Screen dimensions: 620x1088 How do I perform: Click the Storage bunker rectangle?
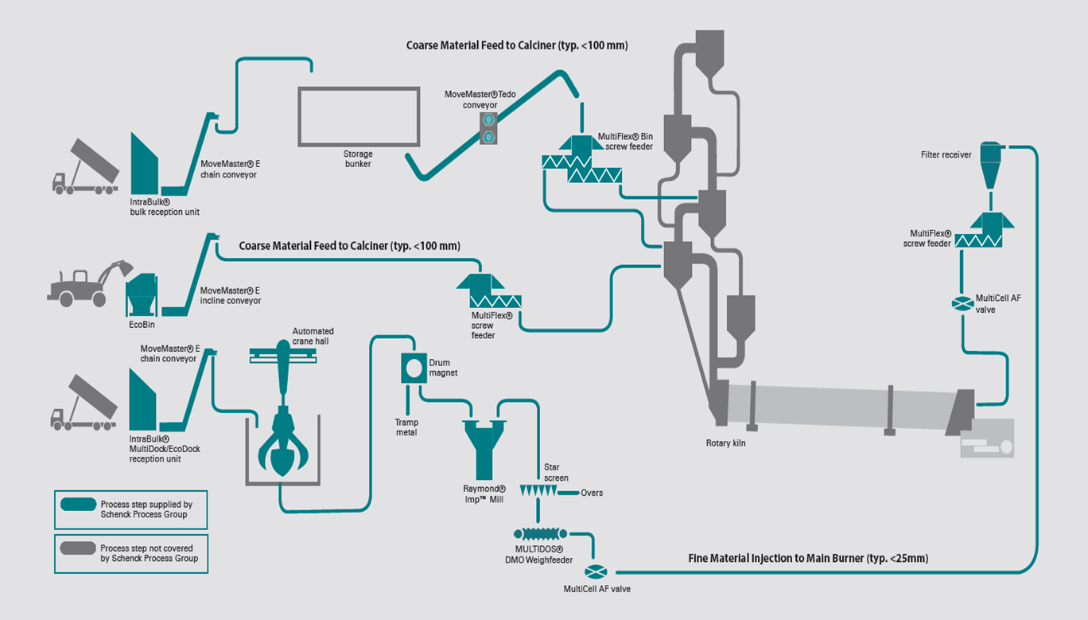(358, 116)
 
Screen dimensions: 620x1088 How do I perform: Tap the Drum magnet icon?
(414, 367)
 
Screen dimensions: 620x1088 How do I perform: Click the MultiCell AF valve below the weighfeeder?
(595, 571)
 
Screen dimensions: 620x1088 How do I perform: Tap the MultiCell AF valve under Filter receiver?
(962, 303)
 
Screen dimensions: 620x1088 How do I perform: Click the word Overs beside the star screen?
(592, 493)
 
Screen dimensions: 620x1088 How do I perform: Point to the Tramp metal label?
(406, 427)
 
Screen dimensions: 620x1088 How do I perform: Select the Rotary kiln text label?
(726, 443)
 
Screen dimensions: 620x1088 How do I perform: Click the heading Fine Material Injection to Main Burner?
(808, 558)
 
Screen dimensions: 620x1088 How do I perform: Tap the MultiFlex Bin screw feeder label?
(625, 142)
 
